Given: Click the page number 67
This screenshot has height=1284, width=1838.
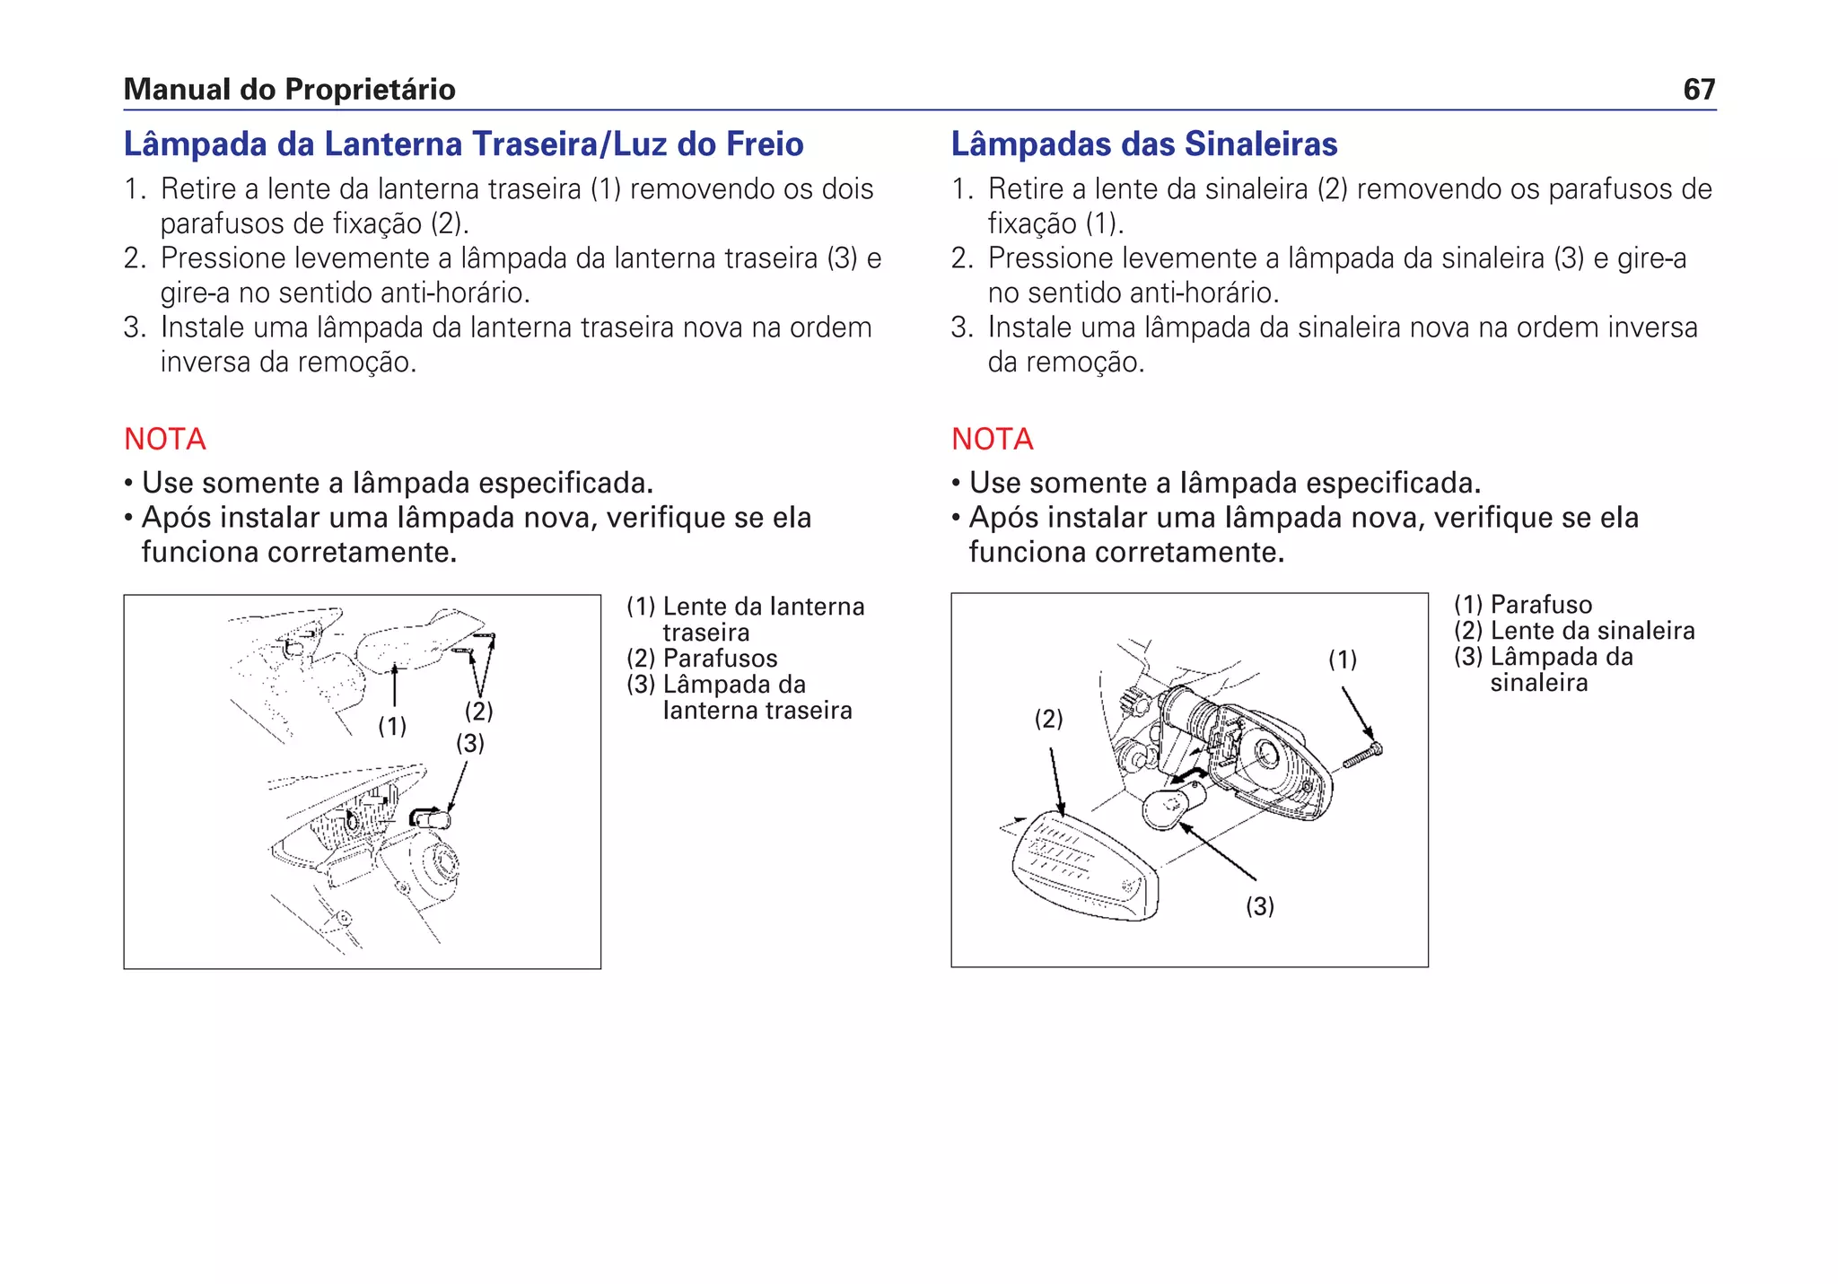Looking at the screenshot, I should click(1699, 90).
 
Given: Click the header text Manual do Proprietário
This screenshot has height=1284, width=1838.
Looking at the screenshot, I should click(289, 90).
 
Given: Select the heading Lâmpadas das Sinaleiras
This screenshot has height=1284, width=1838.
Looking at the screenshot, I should click(1143, 144).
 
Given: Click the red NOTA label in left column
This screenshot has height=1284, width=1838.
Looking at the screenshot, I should click(165, 439).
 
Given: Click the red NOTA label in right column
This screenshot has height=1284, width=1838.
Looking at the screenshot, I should click(992, 439).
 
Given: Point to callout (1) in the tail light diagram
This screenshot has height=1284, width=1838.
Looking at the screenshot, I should click(392, 726).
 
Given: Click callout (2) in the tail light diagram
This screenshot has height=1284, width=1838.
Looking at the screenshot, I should click(478, 711).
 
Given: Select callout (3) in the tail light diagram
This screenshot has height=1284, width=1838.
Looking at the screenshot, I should click(470, 743).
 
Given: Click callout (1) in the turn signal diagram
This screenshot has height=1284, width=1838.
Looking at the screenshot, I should click(1343, 659).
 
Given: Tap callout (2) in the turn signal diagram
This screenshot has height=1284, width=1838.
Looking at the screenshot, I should click(1048, 719).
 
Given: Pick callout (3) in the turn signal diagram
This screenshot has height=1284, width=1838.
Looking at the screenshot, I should click(1259, 906).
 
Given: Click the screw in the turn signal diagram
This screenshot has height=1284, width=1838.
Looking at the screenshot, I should click(1363, 756).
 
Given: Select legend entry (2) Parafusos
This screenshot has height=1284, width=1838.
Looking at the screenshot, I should click(702, 659).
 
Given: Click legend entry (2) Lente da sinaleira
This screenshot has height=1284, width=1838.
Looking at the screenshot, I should click(1574, 631).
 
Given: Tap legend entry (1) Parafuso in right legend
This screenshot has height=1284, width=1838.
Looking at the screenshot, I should click(1523, 605).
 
